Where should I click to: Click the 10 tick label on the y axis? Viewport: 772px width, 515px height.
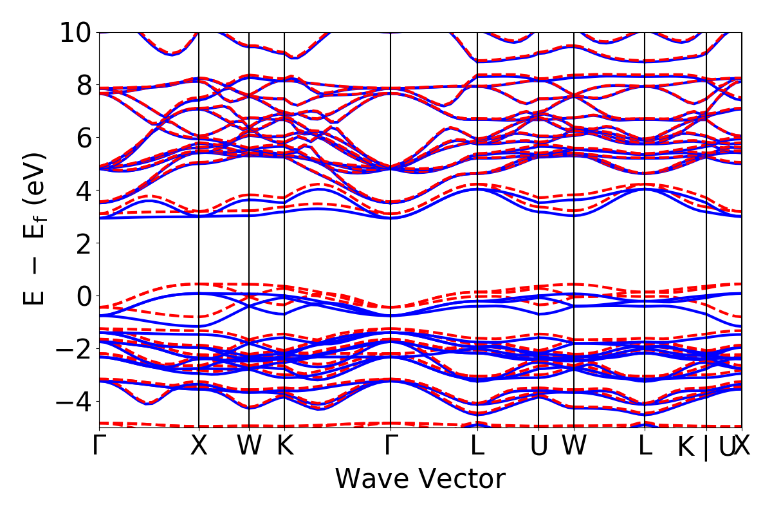[76, 32]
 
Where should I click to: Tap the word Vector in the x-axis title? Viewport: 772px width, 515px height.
[459, 480]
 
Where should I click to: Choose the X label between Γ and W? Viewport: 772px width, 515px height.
[199, 445]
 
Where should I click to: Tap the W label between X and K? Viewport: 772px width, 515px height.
[249, 445]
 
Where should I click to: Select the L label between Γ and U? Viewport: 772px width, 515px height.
[477, 445]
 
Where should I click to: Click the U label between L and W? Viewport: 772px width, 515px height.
[538, 445]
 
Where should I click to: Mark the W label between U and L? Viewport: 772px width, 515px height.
[574, 445]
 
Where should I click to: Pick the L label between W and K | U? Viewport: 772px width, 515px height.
[645, 445]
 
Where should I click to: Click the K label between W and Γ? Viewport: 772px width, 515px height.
[284, 445]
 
